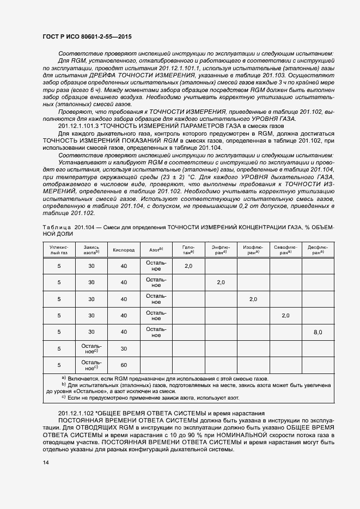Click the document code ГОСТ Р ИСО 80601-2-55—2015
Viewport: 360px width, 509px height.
coord(87,36)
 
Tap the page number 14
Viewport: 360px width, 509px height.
coord(46,462)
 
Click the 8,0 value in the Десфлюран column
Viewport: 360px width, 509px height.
coord(318,332)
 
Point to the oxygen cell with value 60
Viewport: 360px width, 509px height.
coord(124,365)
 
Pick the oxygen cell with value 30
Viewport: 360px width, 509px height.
coord(124,348)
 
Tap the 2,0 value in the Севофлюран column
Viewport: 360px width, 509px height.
coord(286,316)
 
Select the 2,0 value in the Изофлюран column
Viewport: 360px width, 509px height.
coord(253,299)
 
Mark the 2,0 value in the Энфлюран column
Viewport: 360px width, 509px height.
coord(221,283)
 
